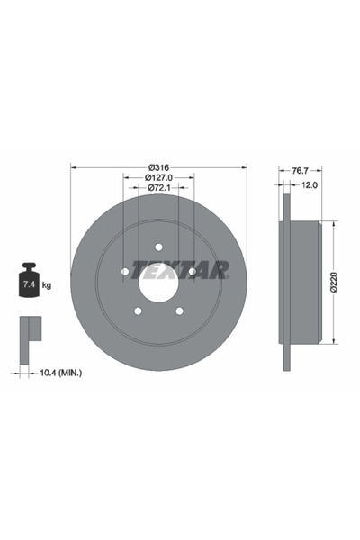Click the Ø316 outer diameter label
tap(158, 167)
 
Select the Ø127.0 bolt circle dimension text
tap(159, 178)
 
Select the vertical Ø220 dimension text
tap(333, 281)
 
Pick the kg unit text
tap(46, 285)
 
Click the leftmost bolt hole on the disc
tap(125, 271)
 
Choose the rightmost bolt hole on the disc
tap(192, 271)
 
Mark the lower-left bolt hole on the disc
tap(138, 310)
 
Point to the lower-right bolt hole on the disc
tap(179, 310)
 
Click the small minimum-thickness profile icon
tap(30, 330)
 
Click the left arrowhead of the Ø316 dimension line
tap(73, 167)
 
